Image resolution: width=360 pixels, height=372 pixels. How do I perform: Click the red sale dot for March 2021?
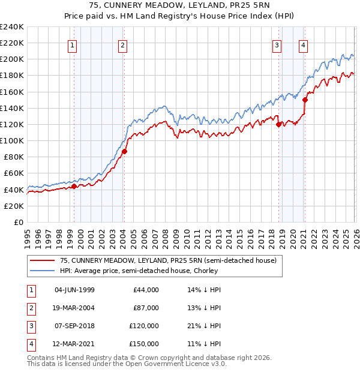[305, 100]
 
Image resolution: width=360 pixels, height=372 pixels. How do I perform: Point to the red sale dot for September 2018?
[278, 125]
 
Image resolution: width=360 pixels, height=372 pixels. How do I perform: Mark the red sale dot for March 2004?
[124, 152]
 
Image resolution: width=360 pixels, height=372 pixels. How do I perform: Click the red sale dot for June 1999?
[74, 187]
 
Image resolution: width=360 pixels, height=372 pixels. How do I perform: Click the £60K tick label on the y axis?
[13, 173]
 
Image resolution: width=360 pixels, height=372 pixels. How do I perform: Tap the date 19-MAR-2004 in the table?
[74, 308]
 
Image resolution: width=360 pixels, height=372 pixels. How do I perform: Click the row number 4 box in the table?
[31, 344]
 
